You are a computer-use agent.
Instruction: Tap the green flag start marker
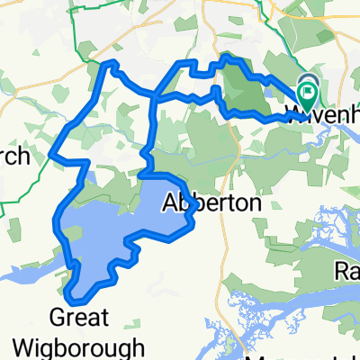point(308,91)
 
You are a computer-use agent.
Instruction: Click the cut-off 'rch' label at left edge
point(15,158)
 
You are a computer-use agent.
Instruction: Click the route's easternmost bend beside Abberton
point(195,209)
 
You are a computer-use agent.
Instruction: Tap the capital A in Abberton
point(168,204)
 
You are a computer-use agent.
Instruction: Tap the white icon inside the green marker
point(308,89)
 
